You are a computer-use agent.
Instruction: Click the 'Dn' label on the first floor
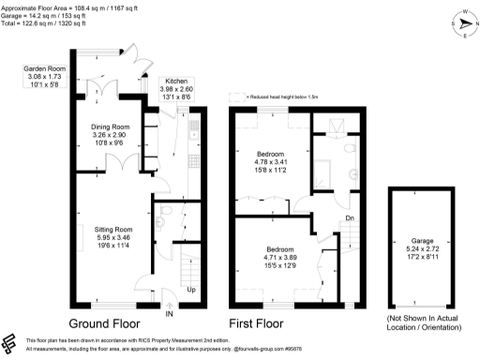click(x=351, y=219)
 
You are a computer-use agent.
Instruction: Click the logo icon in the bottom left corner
click(x=10, y=342)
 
